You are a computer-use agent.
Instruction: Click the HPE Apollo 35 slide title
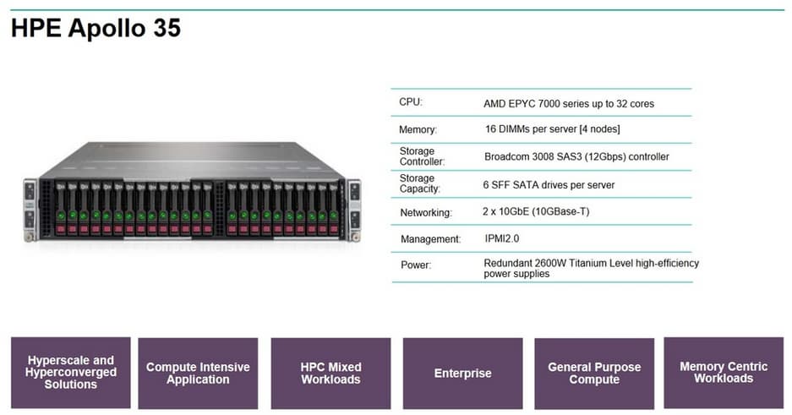(96, 28)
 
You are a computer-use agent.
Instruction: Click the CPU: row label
(411, 102)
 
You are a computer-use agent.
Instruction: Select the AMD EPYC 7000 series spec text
(568, 104)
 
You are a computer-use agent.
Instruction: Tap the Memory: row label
(418, 130)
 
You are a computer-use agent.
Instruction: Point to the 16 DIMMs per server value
(552, 128)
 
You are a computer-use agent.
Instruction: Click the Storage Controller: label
(422, 156)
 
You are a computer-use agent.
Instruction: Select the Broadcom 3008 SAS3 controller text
(576, 156)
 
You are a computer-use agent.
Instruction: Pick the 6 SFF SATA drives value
(549, 184)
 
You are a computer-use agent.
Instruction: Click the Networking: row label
(426, 212)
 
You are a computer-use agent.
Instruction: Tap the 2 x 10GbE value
(537, 211)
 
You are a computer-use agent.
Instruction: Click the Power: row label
(416, 265)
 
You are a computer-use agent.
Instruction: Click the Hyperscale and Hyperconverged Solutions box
(71, 372)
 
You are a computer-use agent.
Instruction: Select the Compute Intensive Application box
(198, 373)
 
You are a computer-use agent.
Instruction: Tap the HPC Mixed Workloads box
(330, 373)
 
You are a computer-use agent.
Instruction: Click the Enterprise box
(462, 373)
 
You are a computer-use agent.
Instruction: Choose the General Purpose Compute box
(594, 373)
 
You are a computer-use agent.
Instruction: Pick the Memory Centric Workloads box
(724, 372)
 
